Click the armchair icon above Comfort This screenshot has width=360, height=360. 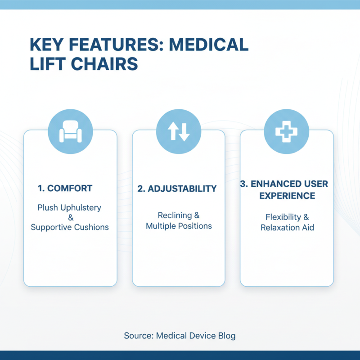point(70,131)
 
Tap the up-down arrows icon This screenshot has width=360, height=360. point(179,131)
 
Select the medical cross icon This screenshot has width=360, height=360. point(286,131)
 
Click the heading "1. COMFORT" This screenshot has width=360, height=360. point(65,189)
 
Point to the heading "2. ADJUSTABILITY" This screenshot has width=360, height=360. point(177,189)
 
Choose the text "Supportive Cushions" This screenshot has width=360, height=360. point(70,227)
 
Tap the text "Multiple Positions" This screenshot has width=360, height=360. point(179,226)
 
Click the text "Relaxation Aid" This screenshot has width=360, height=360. point(287,228)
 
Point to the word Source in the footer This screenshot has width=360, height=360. point(138,336)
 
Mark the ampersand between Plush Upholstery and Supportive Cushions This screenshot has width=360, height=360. point(70,218)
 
